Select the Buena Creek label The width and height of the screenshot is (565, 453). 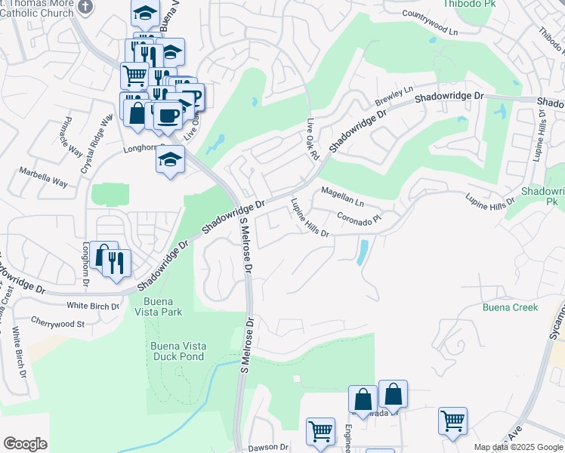point(510,307)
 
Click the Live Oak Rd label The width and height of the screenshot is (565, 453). point(313,138)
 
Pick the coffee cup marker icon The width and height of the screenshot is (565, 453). point(167,115)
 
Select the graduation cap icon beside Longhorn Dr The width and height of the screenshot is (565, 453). point(171,159)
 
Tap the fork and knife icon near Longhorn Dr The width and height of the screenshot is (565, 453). point(118,261)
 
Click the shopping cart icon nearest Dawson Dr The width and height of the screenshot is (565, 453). point(320,432)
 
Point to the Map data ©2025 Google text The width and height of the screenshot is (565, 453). point(518,448)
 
